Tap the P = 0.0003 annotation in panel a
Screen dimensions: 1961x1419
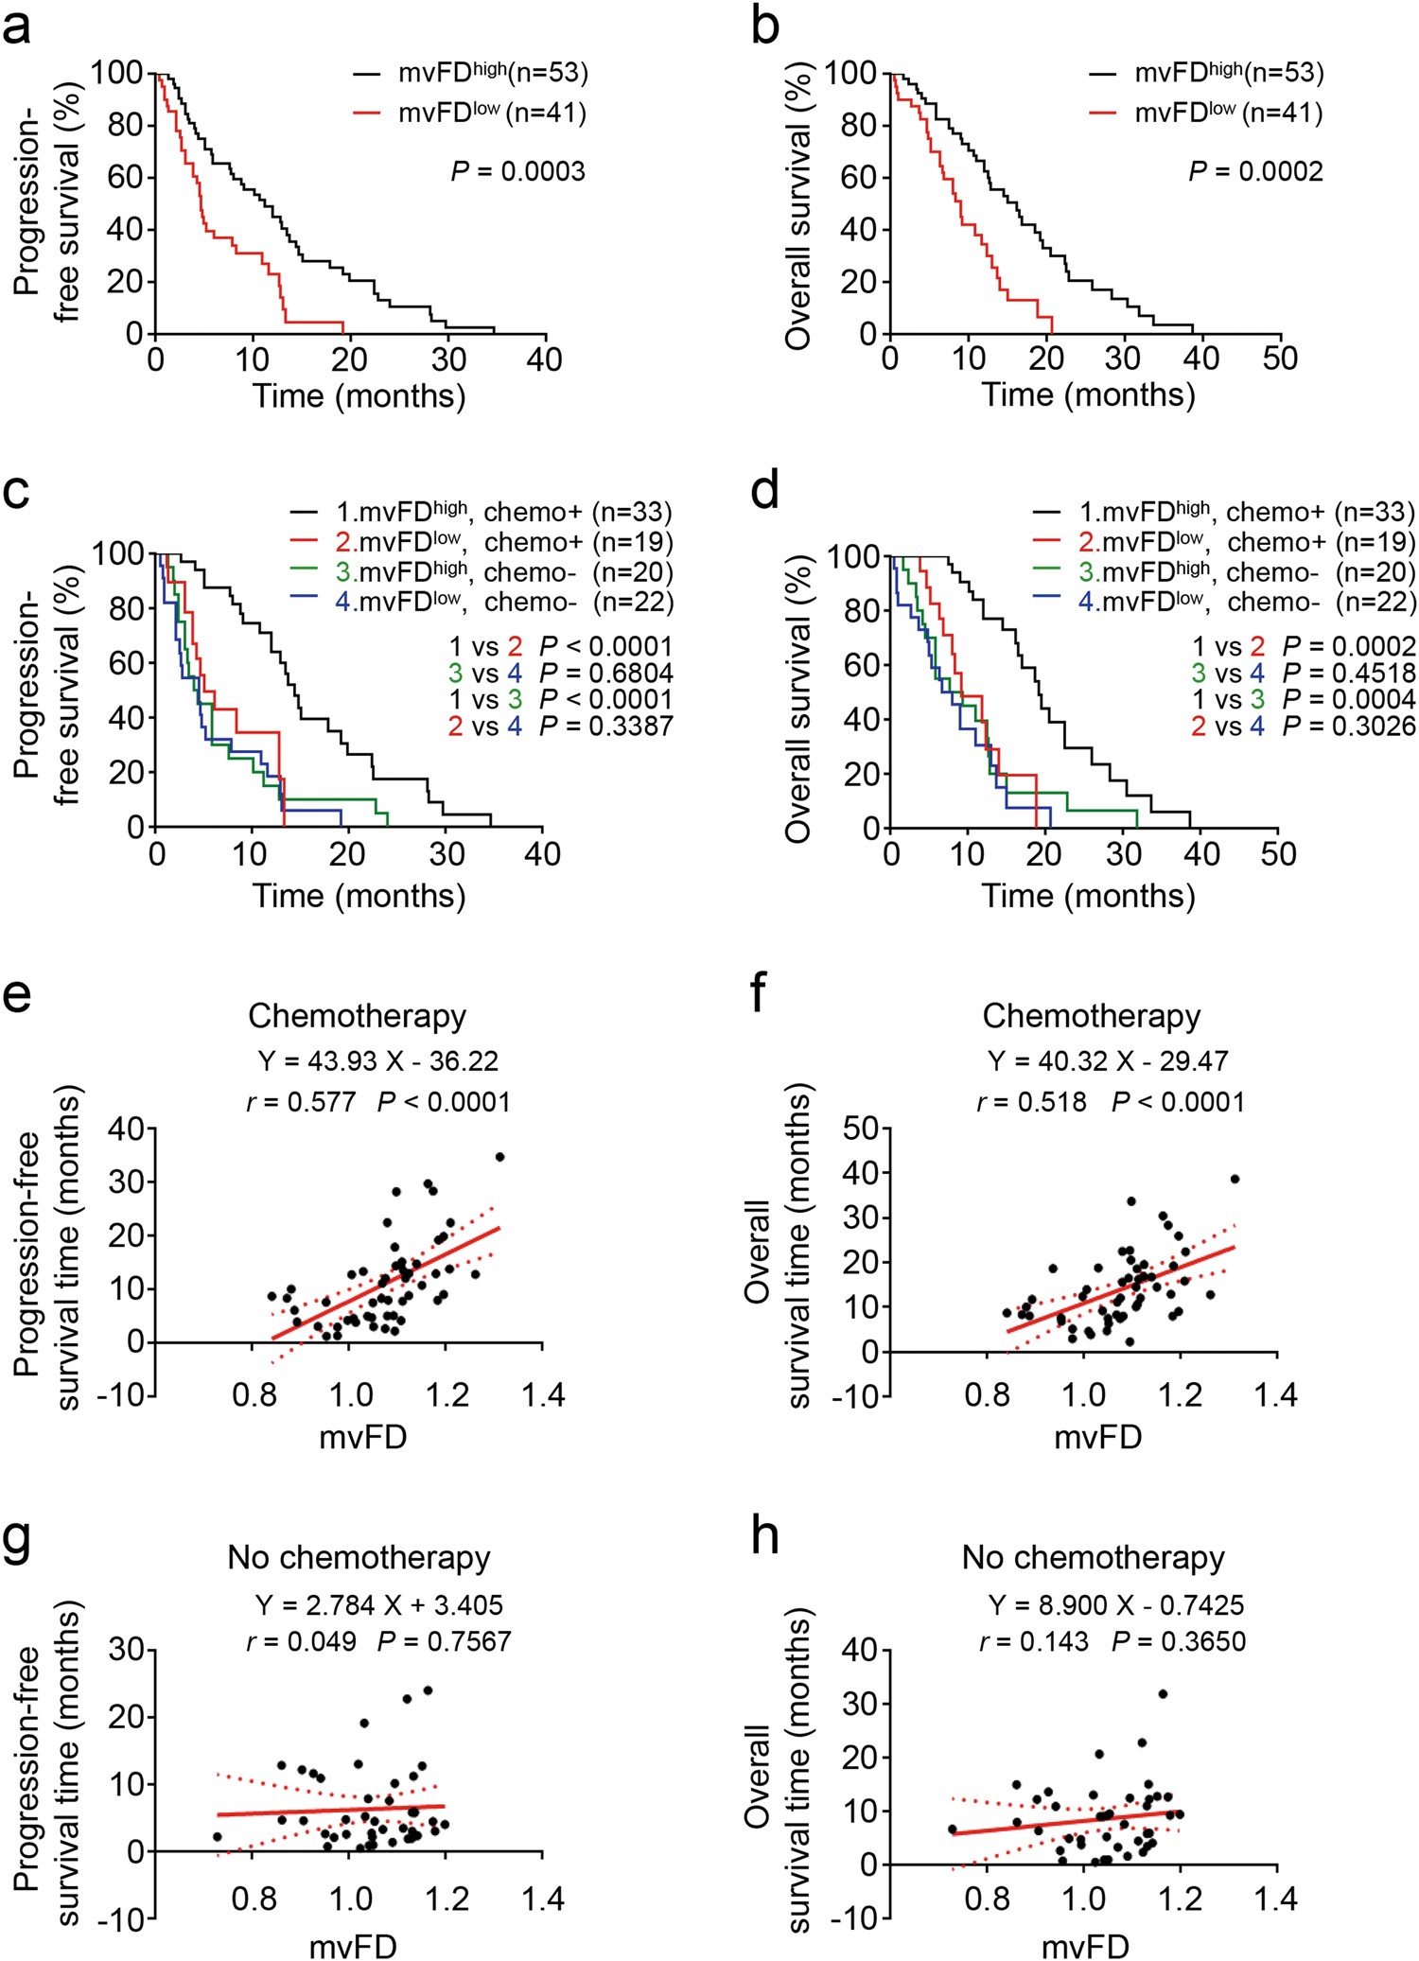pos(517,172)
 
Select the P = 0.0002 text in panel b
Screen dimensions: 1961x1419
pos(1255,172)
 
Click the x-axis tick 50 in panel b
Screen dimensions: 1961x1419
pos(1280,359)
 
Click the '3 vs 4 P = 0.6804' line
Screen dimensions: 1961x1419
pos(560,674)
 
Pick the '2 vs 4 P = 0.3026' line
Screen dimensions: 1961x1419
pos(1304,727)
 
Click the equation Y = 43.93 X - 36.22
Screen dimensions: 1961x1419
pos(377,1061)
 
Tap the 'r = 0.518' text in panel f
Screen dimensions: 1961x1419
pos(1032,1102)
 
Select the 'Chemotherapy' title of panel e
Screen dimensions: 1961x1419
pos(357,1016)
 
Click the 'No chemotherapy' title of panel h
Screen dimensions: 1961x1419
pos(1093,1557)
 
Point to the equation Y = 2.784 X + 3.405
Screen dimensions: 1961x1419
pos(378,1605)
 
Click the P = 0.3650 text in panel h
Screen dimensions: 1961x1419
pos(1179,1641)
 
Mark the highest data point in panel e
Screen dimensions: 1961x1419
pos(499,1157)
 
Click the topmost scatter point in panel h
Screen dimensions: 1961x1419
pos(1163,1693)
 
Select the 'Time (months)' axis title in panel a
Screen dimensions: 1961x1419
pos(359,395)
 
